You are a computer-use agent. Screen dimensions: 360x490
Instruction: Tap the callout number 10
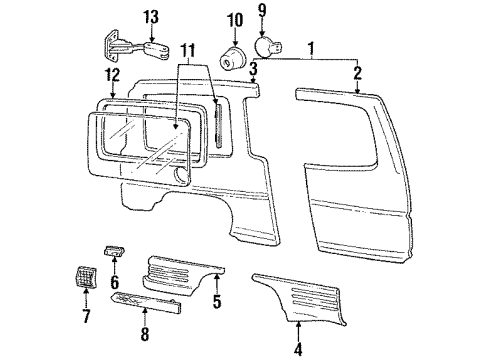235,20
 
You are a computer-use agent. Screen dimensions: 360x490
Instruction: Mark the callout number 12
112,75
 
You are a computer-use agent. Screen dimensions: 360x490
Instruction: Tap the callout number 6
113,284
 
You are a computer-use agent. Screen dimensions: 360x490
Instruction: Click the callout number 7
85,317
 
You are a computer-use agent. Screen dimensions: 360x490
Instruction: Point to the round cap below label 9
270,44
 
